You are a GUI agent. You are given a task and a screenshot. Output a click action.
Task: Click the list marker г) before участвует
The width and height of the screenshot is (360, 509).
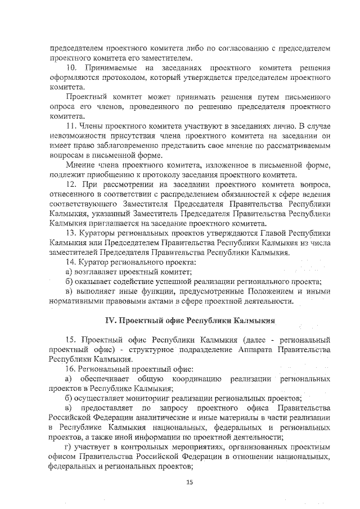pyautogui.click(x=69, y=447)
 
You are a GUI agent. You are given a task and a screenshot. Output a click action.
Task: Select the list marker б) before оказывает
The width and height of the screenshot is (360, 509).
pyautogui.click(x=69, y=282)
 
